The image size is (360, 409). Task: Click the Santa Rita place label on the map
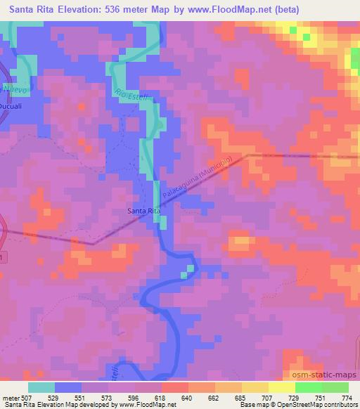click(142, 210)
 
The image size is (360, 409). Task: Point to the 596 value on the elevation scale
click(122, 398)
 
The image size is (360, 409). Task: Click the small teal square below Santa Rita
click(190, 268)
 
